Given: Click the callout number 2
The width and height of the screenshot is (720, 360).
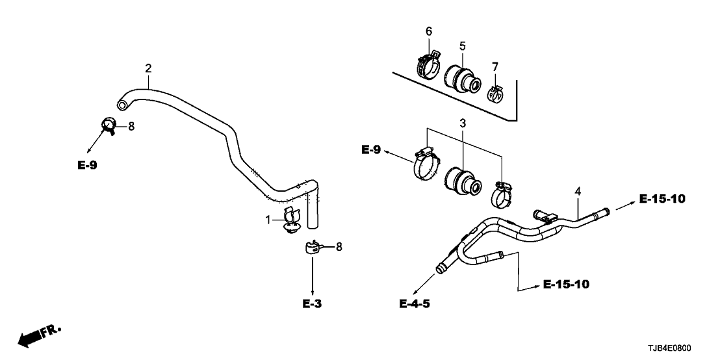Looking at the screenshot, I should click(148, 68).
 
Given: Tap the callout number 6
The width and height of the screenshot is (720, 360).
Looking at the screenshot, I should click(428, 31).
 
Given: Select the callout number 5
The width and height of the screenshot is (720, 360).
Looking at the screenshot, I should click(463, 45).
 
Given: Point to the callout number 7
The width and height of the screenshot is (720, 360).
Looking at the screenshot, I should click(495, 66).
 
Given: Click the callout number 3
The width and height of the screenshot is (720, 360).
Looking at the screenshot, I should click(463, 123).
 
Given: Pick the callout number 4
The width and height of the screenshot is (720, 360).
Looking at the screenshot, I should click(577, 191).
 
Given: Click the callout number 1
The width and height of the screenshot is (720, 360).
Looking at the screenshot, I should click(267, 221).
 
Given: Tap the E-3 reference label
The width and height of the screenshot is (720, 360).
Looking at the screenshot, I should click(313, 303).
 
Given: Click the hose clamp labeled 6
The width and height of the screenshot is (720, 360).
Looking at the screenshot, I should click(428, 65).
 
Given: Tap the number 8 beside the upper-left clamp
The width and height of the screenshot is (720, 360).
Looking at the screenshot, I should click(131, 127).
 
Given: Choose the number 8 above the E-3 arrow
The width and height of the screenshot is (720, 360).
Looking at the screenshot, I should click(338, 246).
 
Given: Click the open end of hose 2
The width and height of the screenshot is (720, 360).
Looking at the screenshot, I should click(121, 104).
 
